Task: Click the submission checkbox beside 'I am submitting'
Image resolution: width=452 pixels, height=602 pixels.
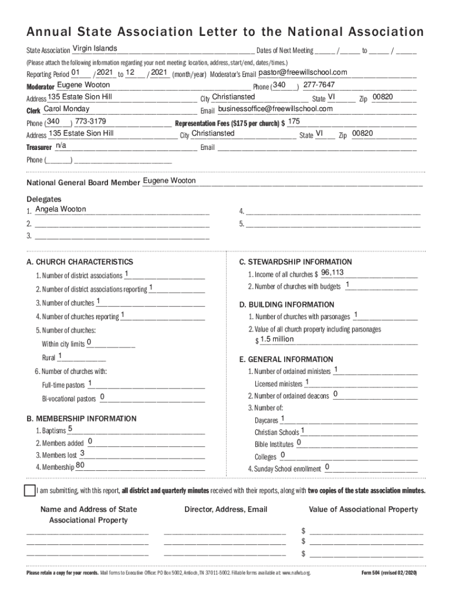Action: (x=30, y=491)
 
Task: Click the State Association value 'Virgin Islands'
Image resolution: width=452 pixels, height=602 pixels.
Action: (x=95, y=48)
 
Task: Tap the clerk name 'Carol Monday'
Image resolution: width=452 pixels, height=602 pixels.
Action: (x=67, y=109)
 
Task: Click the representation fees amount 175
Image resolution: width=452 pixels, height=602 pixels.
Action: (x=295, y=121)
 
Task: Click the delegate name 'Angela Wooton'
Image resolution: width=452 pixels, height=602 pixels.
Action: (x=60, y=209)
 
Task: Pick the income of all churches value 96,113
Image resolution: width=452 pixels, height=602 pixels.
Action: (x=332, y=273)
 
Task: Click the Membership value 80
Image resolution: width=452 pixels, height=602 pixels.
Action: (x=80, y=466)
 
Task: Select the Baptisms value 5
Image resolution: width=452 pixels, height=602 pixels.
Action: (x=70, y=429)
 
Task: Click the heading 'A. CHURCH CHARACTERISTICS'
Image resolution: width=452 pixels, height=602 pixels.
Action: (x=80, y=262)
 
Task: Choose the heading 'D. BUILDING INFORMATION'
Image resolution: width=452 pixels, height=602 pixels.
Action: (x=286, y=305)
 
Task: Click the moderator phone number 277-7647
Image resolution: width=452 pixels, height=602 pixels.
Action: (x=319, y=85)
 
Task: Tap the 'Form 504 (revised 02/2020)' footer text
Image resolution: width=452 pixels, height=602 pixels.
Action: (x=389, y=573)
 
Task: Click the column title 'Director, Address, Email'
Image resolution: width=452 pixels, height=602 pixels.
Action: (x=225, y=510)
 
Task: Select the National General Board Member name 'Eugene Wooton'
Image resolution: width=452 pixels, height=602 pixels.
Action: (x=170, y=180)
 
